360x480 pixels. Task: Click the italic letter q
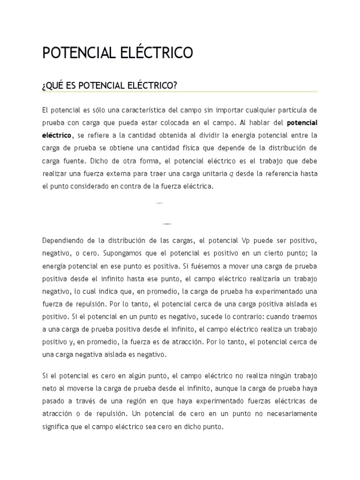[231, 174]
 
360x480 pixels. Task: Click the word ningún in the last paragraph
[269, 376]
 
